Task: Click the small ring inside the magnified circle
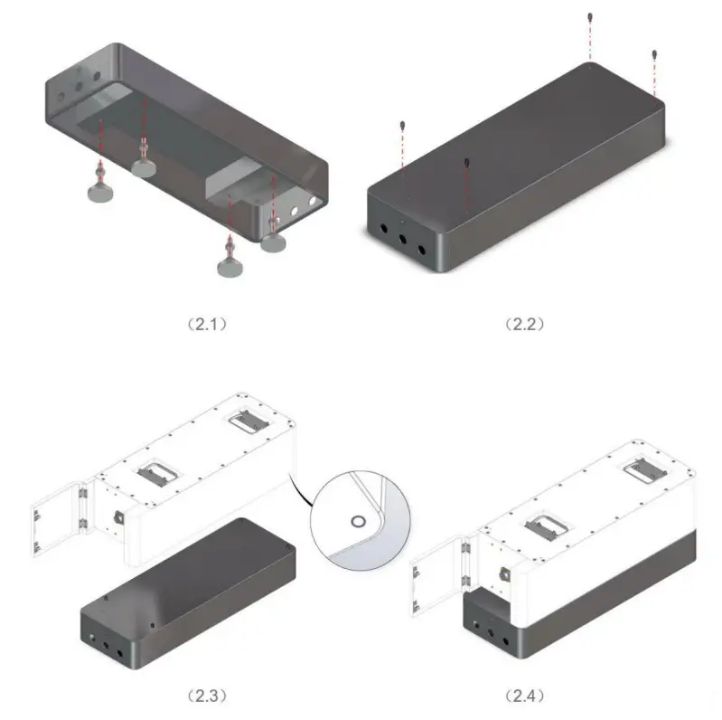[x=358, y=522]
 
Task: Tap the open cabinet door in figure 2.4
[x=436, y=576]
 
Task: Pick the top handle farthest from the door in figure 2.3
[x=247, y=418]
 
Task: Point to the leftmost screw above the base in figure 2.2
[x=401, y=125]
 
